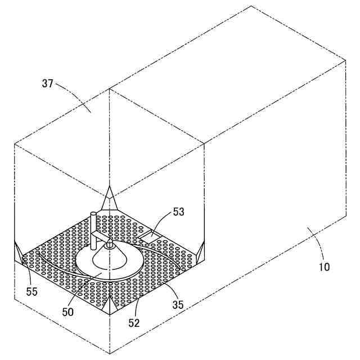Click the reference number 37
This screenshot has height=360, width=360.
[47, 83]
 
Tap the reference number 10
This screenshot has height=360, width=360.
[324, 267]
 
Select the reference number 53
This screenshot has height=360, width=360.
[178, 211]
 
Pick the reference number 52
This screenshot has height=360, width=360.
[133, 323]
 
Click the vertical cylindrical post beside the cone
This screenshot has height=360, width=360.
[91, 231]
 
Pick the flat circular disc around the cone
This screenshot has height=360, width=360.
[135, 264]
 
